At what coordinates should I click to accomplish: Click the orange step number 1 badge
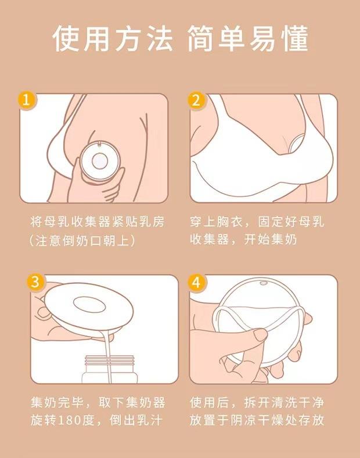[x=26, y=101]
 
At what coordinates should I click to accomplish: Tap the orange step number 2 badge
[x=196, y=101]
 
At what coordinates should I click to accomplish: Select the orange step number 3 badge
[x=35, y=283]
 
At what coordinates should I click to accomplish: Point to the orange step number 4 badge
[x=196, y=283]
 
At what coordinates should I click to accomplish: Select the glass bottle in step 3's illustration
[x=110, y=369]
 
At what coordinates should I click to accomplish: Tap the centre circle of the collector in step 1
[x=100, y=161]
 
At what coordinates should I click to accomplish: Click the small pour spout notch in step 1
[x=100, y=143]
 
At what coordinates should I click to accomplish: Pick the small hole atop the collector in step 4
[x=263, y=283]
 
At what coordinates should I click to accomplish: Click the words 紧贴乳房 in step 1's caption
[x=138, y=222]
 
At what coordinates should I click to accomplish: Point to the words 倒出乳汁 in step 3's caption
[x=136, y=421]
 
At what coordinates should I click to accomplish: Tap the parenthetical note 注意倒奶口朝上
[x=82, y=241]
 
